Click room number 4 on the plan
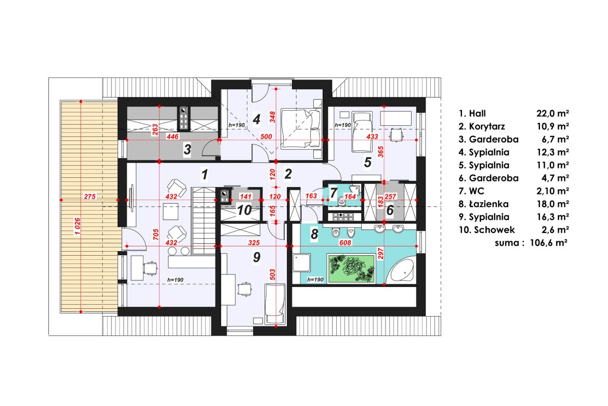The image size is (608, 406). coord(256,119)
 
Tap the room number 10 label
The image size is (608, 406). coord(244,210)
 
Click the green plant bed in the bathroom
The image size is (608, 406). coord(351,268)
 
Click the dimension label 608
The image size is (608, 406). coord(345,243)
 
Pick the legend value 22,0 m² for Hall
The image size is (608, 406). coord(552,113)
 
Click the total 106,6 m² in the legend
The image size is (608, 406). coord(549,243)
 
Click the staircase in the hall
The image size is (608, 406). coord(203,220)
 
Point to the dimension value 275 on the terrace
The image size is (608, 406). coord(89,197)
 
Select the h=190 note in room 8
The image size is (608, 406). coord(315,279)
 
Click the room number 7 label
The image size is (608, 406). coord(333,193)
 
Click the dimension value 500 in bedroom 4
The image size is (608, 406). coord(266,137)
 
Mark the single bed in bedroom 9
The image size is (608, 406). coord(275,304)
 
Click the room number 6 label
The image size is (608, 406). coord(390,210)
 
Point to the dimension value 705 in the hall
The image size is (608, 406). coord(155,235)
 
